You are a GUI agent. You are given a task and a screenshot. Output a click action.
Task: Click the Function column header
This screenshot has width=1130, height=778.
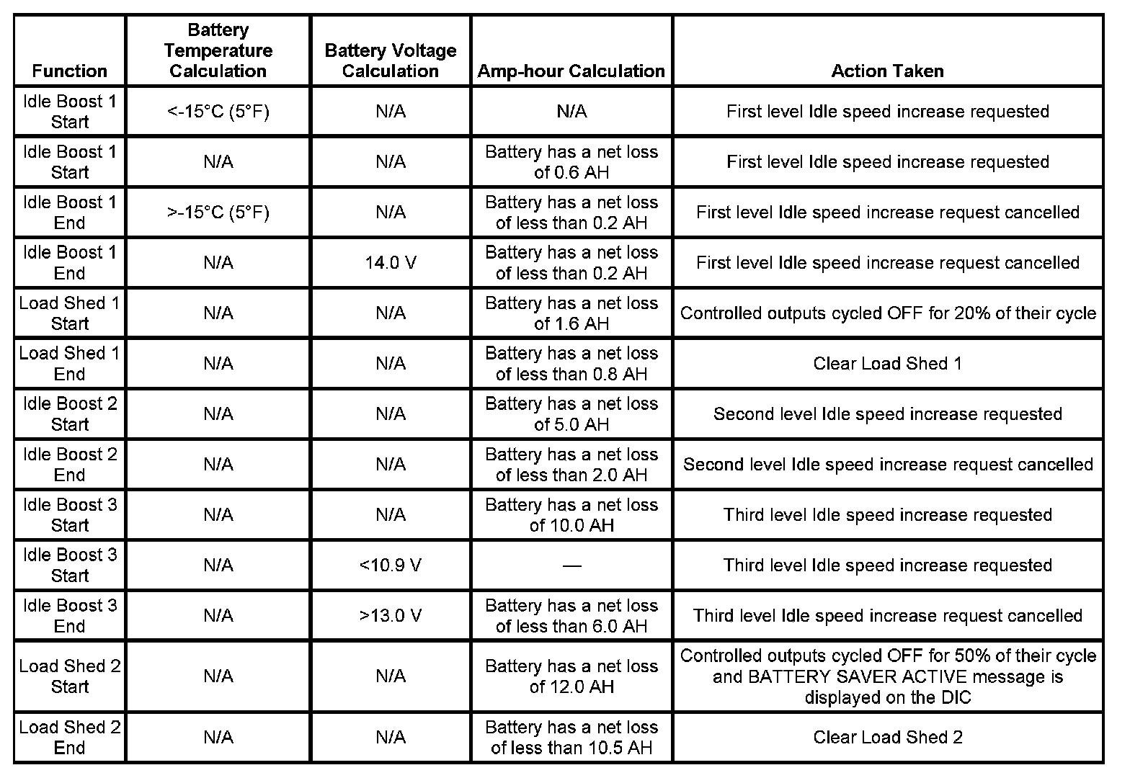tap(70, 71)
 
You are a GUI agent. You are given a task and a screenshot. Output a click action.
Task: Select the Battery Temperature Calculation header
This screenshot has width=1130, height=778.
tap(218, 50)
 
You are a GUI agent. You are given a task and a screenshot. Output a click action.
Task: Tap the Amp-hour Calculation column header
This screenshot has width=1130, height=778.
tap(571, 71)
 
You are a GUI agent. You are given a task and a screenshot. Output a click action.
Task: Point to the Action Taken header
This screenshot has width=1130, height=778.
tap(887, 71)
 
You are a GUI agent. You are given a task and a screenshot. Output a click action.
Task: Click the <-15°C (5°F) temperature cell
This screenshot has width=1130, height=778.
tap(218, 112)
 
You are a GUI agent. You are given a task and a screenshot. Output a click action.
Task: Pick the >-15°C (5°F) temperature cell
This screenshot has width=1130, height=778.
tap(218, 213)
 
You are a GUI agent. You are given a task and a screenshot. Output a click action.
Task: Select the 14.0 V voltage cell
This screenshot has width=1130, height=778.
tap(391, 263)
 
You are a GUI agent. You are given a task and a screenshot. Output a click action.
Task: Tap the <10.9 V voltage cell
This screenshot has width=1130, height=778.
tap(391, 565)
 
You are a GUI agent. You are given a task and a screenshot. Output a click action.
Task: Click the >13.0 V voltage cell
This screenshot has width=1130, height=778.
tap(391, 616)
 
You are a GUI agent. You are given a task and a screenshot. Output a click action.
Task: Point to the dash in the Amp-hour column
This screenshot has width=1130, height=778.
tap(571, 566)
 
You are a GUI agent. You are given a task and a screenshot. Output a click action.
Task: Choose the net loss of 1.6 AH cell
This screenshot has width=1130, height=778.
tap(571, 313)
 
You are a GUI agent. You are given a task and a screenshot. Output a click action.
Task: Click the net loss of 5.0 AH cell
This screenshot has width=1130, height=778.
tap(571, 414)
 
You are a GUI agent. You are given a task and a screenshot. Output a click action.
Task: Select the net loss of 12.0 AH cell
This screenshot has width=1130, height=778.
tap(571, 676)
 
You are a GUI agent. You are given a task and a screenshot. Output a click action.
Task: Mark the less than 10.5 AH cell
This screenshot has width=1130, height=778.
tap(571, 737)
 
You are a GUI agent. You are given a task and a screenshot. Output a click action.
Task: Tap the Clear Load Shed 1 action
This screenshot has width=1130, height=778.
tap(887, 364)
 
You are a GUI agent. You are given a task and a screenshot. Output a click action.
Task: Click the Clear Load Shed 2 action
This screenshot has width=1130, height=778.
tap(887, 737)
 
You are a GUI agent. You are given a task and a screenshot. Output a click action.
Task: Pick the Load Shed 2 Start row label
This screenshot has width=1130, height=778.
tap(70, 676)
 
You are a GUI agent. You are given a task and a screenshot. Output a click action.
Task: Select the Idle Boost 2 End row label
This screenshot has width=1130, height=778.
tap(70, 465)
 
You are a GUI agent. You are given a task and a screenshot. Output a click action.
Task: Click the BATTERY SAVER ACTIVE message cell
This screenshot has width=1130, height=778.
tap(887, 676)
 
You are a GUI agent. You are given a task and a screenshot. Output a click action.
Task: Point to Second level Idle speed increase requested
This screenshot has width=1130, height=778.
tap(887, 414)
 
